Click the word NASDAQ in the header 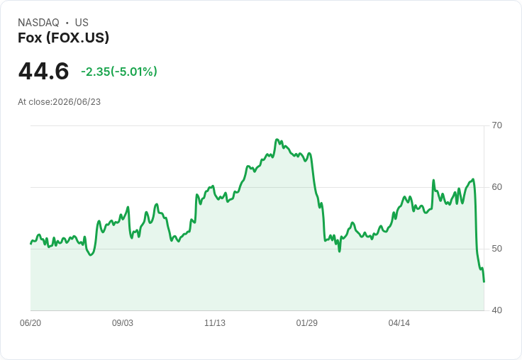38,23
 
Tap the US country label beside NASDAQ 82,23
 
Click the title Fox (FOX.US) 63,38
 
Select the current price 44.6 43,71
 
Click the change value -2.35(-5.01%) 119,72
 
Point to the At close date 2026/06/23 77,102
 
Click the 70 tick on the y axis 496,125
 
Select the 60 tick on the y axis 496,187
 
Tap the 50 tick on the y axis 496,249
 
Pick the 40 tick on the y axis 496,310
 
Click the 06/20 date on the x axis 30,322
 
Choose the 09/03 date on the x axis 123,322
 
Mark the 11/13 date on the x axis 215,322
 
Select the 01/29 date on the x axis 307,322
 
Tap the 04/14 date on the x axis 399,322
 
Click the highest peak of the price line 277,140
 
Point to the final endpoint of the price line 484,282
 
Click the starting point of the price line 31,244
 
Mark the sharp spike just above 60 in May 433,180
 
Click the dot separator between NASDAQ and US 67,23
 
